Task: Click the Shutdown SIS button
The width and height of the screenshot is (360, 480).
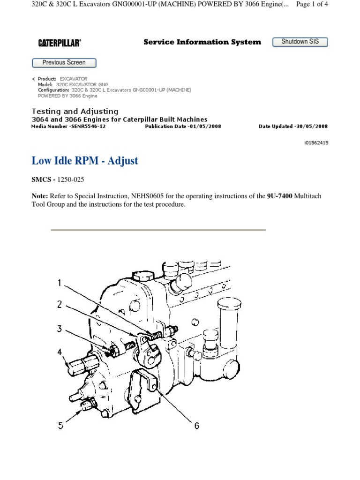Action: point(300,42)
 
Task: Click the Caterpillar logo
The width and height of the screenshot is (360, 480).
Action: point(60,43)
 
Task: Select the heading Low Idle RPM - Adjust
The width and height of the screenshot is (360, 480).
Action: point(85,161)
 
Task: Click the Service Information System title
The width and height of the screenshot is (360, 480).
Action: point(202,42)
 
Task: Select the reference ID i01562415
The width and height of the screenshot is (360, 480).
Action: point(316,143)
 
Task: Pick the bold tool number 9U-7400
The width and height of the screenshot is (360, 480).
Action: point(280,196)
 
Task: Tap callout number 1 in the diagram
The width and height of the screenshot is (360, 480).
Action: point(60,283)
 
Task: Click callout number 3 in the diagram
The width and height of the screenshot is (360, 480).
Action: point(60,329)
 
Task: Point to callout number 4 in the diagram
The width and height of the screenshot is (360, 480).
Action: point(60,352)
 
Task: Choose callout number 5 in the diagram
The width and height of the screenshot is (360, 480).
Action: point(60,426)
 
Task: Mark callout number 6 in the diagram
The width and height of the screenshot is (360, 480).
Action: point(197,426)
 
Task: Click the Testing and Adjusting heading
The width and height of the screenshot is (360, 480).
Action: point(75,112)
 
